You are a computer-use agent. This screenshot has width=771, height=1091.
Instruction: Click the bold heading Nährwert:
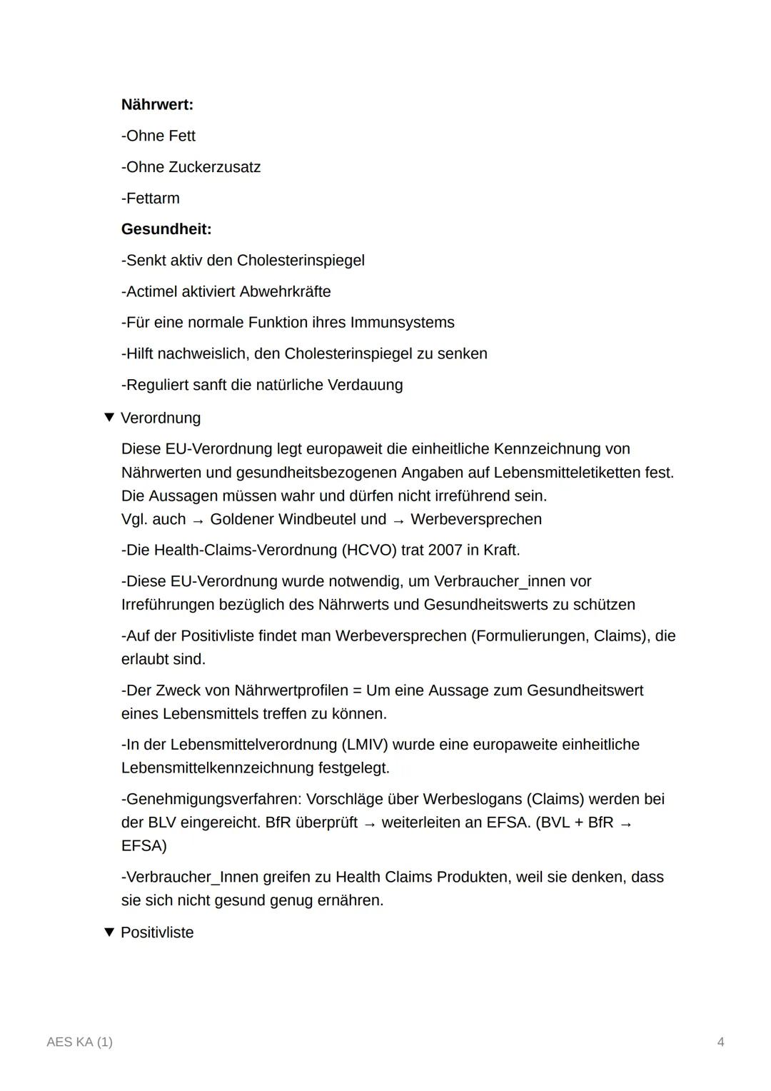[157, 105]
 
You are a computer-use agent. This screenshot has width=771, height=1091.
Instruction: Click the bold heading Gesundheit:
[166, 229]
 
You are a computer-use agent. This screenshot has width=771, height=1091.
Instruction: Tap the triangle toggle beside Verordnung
[109, 417]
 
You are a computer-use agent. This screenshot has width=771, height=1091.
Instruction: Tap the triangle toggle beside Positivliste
[109, 932]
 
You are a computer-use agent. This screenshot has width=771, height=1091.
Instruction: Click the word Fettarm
[153, 198]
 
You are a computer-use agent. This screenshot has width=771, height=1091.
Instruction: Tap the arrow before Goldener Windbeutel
[198, 521]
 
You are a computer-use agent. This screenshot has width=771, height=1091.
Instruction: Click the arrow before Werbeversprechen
[398, 521]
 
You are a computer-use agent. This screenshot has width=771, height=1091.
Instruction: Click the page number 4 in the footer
[720, 1042]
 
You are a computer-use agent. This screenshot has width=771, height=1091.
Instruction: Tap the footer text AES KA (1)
[79, 1042]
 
